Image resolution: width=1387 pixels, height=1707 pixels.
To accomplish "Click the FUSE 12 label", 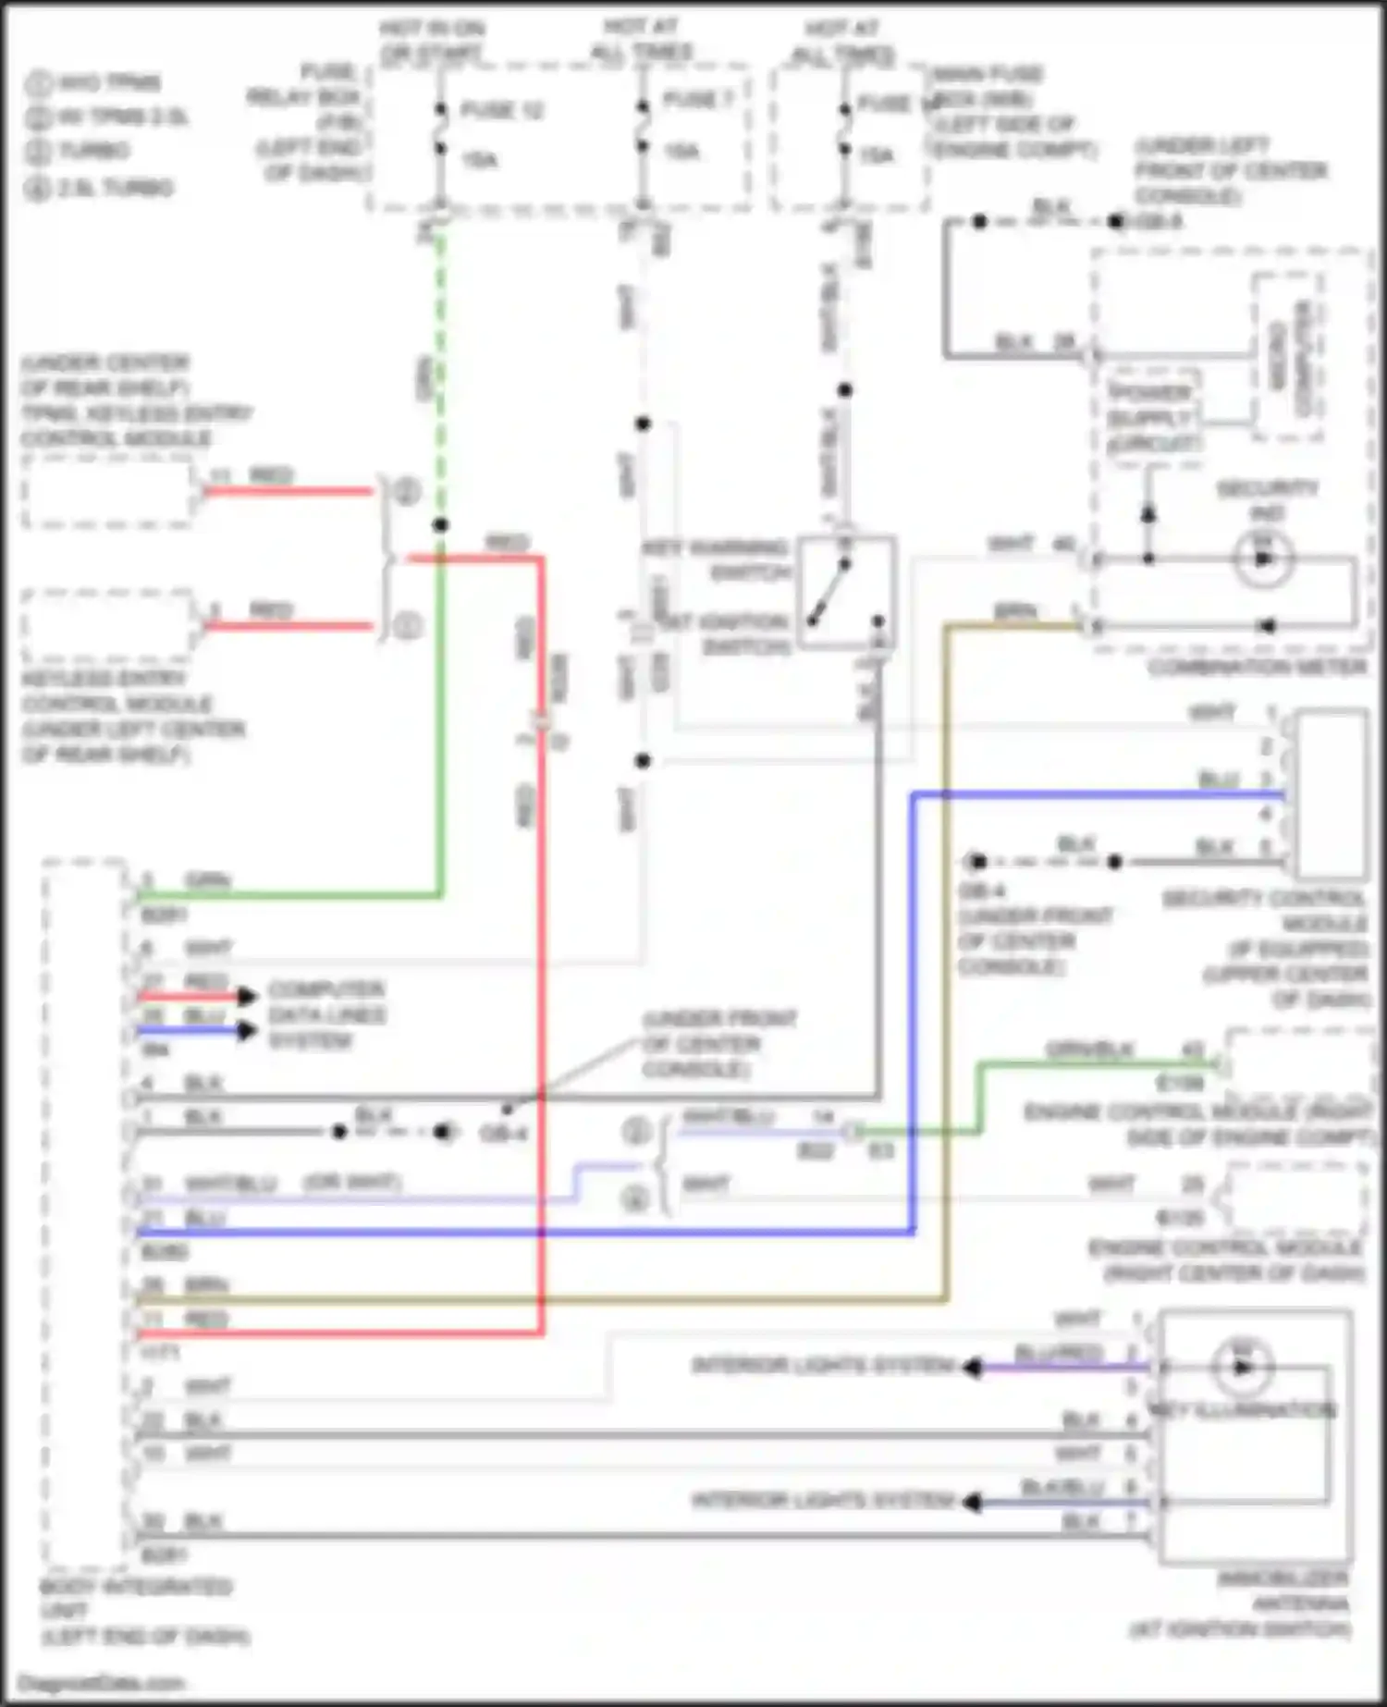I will (x=501, y=110).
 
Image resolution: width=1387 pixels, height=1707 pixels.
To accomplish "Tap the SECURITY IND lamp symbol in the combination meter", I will (x=1262, y=559).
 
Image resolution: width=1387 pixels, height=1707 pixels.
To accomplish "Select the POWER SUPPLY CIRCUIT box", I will (x=1153, y=418).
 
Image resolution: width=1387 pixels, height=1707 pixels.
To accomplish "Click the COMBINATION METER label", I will (x=1258, y=667).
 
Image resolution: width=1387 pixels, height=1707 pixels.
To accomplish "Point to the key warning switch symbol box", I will (x=845, y=591).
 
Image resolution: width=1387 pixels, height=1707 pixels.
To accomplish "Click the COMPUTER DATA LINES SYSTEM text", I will (x=326, y=1014).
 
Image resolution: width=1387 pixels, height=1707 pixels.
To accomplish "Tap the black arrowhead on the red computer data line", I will (x=247, y=996).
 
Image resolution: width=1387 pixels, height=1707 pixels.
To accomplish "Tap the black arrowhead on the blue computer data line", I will (x=247, y=1030).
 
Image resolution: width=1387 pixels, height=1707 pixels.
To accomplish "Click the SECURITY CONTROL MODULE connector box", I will (x=1331, y=794).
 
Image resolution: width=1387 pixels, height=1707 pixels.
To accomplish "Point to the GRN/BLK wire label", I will (x=1088, y=1050).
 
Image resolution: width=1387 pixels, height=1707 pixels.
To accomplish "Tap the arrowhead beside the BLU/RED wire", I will (x=971, y=1367).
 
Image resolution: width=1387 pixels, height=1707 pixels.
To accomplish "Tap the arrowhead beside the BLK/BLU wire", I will (x=971, y=1502).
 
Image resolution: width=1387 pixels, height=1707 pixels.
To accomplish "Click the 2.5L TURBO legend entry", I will (x=102, y=189).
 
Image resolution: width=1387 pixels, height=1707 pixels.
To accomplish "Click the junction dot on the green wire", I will (x=441, y=525).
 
